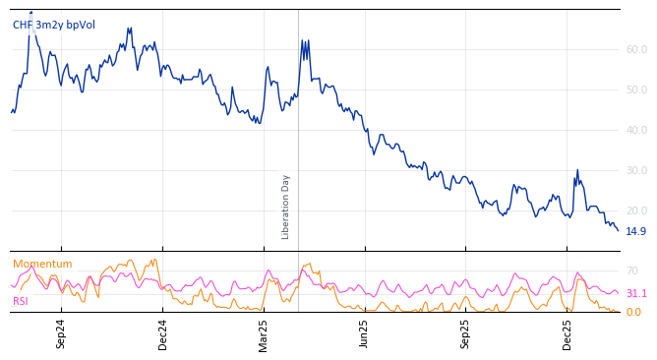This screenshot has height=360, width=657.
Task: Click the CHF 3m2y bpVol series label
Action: (x=54, y=26)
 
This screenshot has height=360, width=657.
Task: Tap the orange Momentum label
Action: (x=42, y=264)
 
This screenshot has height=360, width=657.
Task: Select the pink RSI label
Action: (x=21, y=301)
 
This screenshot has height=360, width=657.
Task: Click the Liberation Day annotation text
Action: (x=286, y=207)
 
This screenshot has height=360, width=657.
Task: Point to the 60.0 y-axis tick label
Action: (x=636, y=49)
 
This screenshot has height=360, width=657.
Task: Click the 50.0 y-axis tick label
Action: (x=636, y=90)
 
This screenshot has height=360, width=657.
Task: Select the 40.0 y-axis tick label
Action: (x=636, y=130)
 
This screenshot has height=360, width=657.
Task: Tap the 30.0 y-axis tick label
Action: (x=636, y=170)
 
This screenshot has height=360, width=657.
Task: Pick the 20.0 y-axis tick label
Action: (x=636, y=210)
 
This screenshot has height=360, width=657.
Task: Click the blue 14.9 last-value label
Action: (x=636, y=232)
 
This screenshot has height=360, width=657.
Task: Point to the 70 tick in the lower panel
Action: (x=632, y=270)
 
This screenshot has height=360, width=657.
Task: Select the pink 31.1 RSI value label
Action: (x=636, y=294)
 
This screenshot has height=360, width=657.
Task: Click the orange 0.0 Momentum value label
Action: (x=633, y=313)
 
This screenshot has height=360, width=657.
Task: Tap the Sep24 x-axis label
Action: (x=61, y=334)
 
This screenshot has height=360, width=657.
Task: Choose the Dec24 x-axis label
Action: (x=163, y=334)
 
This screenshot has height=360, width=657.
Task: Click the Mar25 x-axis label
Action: (x=264, y=334)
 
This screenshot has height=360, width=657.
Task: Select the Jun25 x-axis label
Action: (x=365, y=334)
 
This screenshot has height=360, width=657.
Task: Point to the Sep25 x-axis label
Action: (x=466, y=334)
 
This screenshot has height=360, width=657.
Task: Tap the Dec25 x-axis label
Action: (x=567, y=334)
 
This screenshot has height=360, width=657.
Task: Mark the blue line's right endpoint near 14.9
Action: (x=618, y=230)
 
